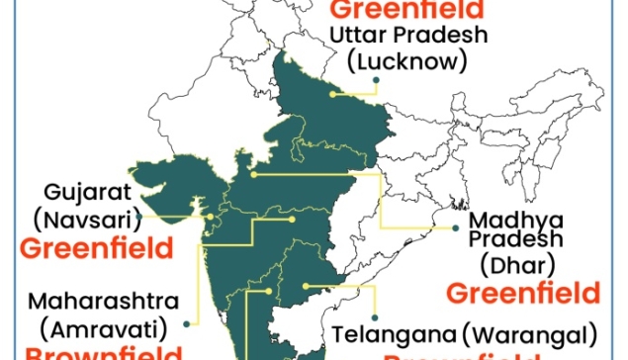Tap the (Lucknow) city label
[405, 61]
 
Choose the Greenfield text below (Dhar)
[523, 293]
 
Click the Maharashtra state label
[104, 299]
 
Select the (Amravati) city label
[98, 324]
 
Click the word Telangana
[382, 331]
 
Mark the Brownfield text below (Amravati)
[104, 352]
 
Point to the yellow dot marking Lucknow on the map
[334, 95]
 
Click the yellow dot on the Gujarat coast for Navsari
[210, 215]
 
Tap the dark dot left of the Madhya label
[456, 228]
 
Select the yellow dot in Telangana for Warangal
[308, 287]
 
